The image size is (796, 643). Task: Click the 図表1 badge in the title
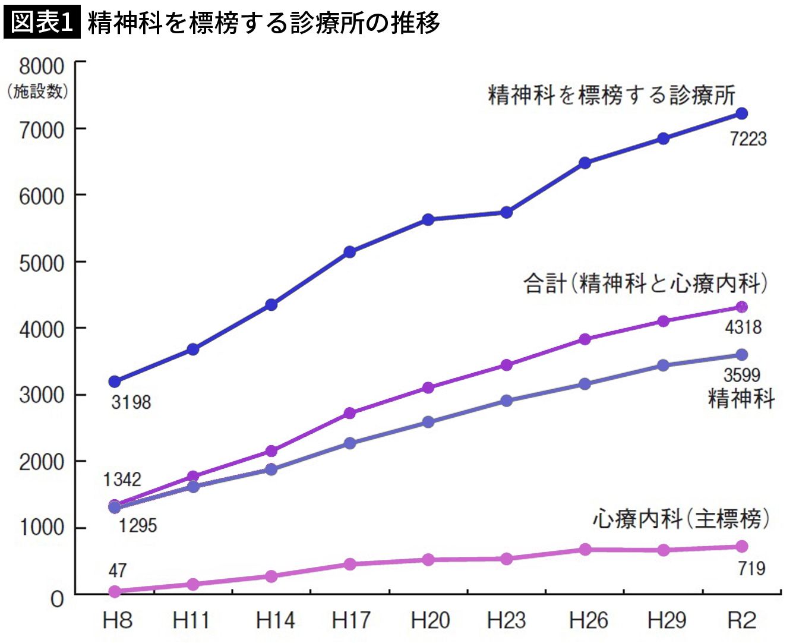42,23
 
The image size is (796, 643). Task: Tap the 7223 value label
748,138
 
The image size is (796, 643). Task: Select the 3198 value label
131,402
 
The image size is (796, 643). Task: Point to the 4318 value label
743,327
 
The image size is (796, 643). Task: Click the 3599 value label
742,375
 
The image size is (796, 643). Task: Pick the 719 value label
751,568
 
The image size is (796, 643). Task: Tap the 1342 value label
122,479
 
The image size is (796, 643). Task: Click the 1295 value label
137,525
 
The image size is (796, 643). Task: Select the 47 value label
118,570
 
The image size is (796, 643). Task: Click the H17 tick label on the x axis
350,620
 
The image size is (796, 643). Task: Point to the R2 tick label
742,620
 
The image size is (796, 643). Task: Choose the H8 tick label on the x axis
116,620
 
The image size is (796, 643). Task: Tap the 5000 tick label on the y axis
42,263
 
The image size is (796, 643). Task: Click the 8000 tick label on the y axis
42,65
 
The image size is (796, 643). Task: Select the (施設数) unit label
38,91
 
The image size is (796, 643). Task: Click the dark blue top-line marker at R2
741,114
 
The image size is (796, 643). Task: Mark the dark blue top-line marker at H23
507,212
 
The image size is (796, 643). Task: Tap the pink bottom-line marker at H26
585,549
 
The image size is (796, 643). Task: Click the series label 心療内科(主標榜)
681,519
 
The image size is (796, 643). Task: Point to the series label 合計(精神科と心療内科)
646,283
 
